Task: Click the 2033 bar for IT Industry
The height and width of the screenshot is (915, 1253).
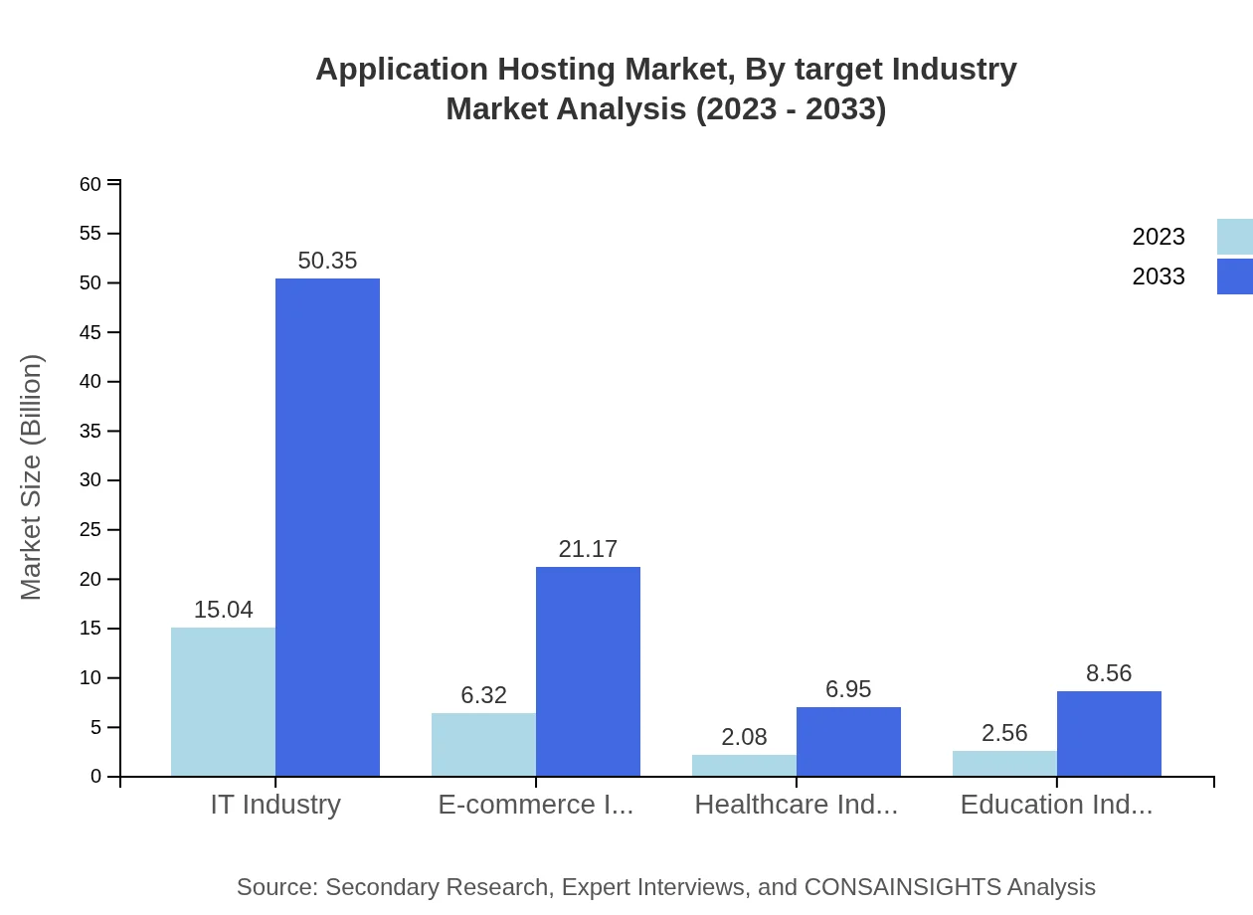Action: (x=327, y=527)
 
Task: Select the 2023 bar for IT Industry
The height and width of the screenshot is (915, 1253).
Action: (x=223, y=701)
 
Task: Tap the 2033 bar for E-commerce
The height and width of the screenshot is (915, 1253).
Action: (x=588, y=671)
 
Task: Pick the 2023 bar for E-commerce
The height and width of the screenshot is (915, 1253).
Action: (x=483, y=744)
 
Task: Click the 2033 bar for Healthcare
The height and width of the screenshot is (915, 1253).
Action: (x=848, y=741)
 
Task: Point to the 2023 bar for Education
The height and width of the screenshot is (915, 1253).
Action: (x=1004, y=763)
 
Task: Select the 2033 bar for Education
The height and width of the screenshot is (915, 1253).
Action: (x=1109, y=733)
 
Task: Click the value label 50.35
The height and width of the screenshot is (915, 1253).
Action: (x=327, y=261)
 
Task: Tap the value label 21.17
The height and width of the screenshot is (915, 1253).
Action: (x=588, y=549)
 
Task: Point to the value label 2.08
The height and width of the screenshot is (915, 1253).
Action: (x=744, y=737)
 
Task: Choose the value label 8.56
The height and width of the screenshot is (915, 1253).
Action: (x=1109, y=673)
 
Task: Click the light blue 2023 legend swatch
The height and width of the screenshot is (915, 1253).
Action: (x=1234, y=237)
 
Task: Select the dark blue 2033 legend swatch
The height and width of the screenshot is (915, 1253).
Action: (x=1234, y=276)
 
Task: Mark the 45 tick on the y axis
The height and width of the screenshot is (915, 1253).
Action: (x=90, y=332)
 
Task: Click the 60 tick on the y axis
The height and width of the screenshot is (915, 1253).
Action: (x=90, y=184)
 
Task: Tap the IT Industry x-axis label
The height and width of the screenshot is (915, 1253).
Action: (x=275, y=805)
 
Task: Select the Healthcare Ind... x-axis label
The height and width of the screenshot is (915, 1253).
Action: (x=796, y=805)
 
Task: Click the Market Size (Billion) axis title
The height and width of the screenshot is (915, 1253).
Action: (x=32, y=477)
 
